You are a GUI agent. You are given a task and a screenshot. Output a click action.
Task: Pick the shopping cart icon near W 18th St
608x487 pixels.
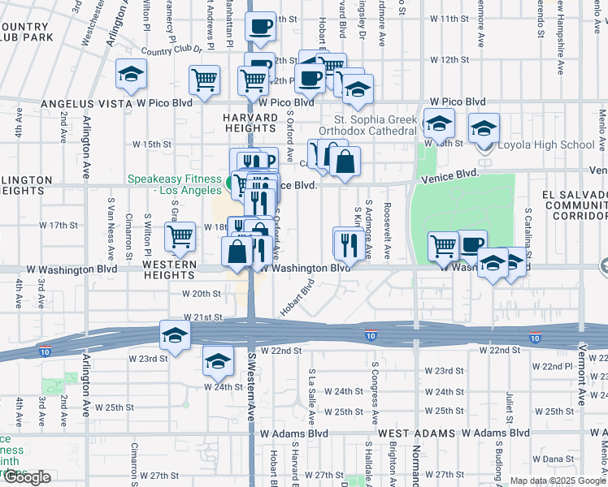[x=180, y=236]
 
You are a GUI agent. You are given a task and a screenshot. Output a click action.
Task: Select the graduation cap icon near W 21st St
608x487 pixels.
[x=174, y=334]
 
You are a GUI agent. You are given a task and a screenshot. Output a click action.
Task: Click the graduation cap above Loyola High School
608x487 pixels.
[x=484, y=127]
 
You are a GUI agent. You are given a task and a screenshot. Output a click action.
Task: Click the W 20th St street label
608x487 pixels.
[x=202, y=294]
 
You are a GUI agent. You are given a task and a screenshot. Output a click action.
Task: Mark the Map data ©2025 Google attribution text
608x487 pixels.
[x=558, y=481]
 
